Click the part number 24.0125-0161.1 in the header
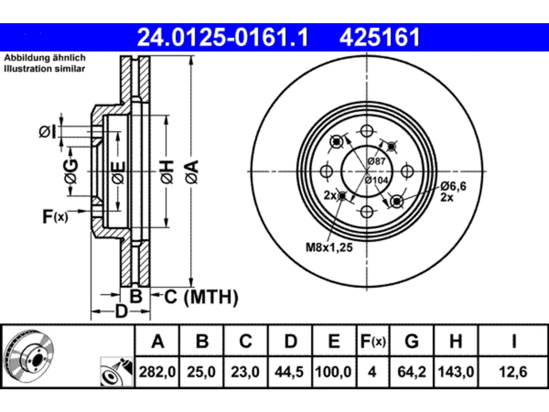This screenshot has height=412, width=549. point(223,37)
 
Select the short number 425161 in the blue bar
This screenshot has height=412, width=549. point(380,37)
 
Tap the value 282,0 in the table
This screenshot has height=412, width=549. point(157,372)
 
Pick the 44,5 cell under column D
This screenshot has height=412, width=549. point(289,372)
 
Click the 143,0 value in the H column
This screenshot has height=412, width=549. point(455,372)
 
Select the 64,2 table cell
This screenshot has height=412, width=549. point(411,372)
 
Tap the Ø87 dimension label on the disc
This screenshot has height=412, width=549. point(377,161)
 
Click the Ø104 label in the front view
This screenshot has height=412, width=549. point(376,180)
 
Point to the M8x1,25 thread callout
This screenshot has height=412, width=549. point(329,247)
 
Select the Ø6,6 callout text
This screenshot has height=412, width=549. point(453,186)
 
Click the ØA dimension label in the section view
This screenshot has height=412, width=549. point(192,172)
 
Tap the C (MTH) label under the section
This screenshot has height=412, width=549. point(201,297)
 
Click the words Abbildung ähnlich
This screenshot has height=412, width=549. point(45,58)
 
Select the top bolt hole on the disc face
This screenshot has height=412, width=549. point(367,131)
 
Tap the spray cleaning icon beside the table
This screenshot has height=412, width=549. point(116,372)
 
